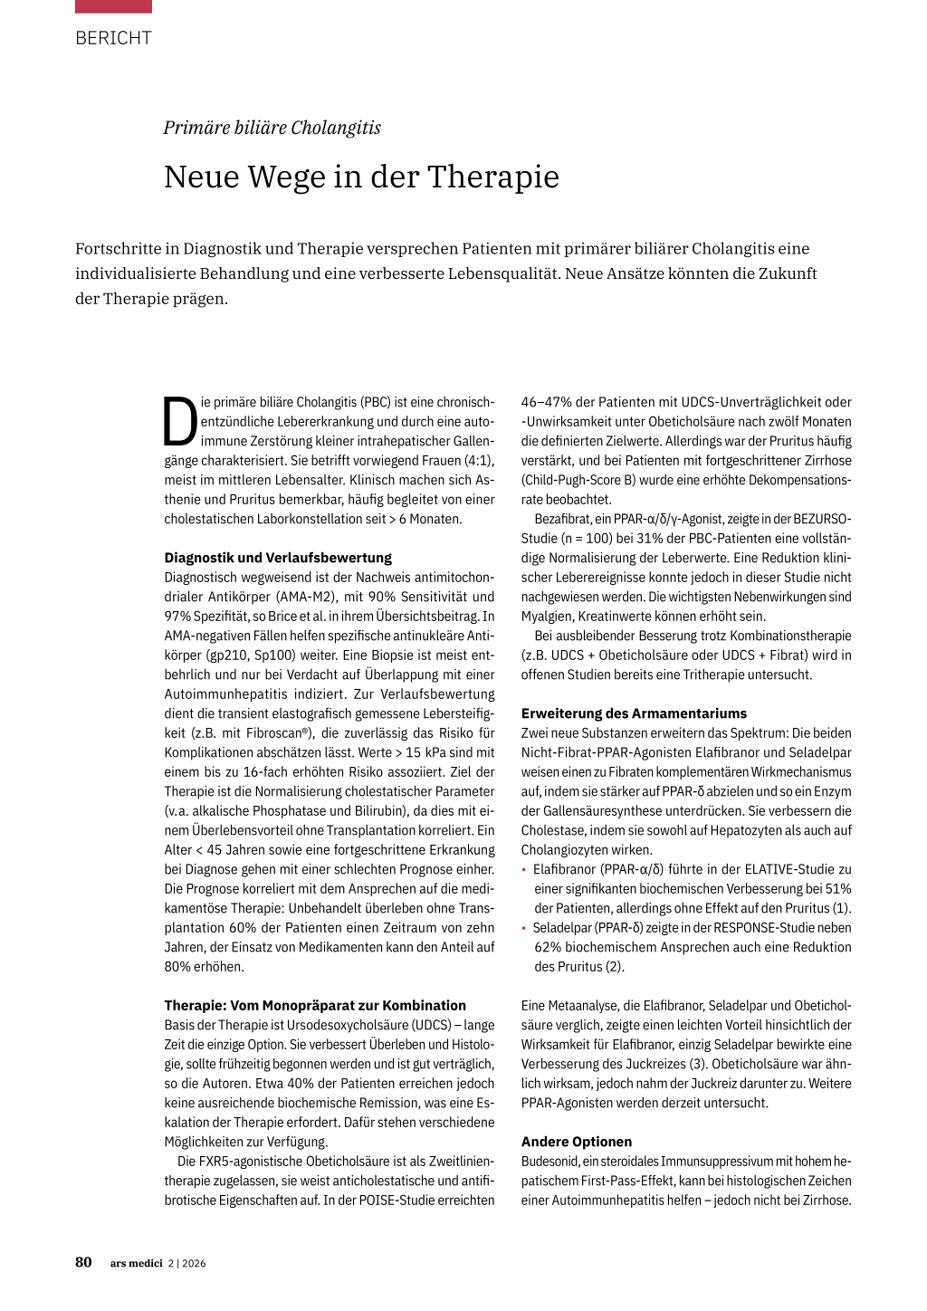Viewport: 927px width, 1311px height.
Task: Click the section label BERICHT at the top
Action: [x=113, y=38]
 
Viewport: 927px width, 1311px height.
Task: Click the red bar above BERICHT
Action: [x=113, y=5]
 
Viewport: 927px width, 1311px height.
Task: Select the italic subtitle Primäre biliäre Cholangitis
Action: [x=272, y=128]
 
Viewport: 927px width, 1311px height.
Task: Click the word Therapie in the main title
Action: [x=493, y=177]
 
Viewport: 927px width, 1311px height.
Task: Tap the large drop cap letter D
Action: [x=180, y=422]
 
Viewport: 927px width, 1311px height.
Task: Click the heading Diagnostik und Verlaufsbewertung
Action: [x=278, y=558]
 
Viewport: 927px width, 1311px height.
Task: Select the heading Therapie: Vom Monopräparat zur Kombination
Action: [x=315, y=1005]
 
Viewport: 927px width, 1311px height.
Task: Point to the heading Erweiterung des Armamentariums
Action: [x=634, y=713]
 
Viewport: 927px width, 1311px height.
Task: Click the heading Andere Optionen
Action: [x=577, y=1142]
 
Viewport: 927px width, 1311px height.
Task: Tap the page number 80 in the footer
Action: [x=83, y=1262]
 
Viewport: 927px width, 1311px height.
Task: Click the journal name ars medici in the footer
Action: [x=136, y=1263]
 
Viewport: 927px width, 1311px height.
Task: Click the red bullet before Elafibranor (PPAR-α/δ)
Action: [x=523, y=870]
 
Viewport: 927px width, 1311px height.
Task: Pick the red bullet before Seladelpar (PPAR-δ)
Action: [x=523, y=928]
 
